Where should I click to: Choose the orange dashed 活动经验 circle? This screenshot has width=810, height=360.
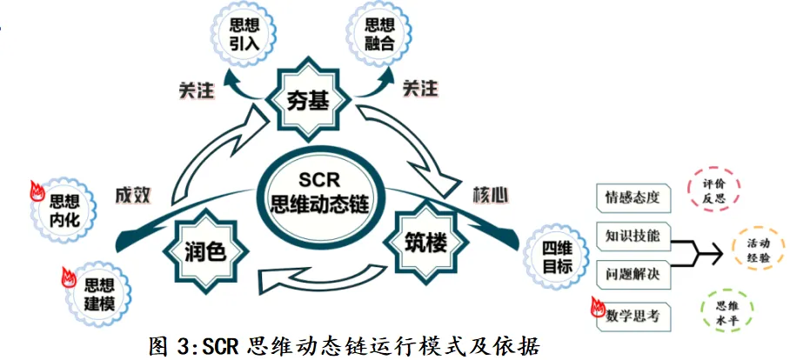759,253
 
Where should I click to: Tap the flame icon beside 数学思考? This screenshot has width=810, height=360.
598,308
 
